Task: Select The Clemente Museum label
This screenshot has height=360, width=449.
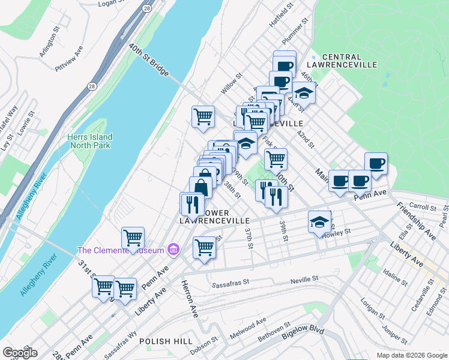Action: pos(122,250)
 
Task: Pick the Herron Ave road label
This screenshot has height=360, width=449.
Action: pos(190,299)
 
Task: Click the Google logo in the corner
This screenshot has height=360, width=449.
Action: pos(20,353)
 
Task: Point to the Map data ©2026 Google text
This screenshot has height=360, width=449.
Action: pos(411,355)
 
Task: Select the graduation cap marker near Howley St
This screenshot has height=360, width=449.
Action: pos(319,223)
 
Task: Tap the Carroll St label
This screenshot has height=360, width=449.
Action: pos(422,206)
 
